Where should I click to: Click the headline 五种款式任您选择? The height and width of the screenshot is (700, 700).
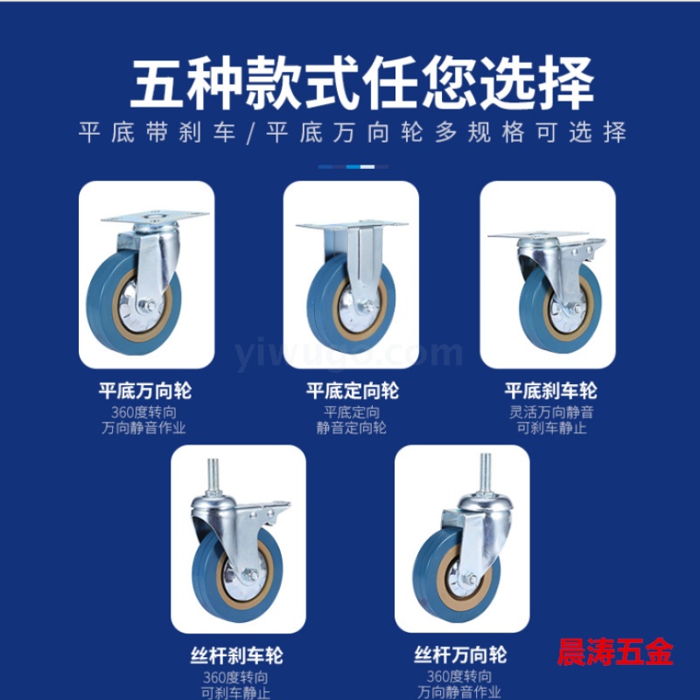[361, 83]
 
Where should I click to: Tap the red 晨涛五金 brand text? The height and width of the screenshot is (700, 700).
[615, 652]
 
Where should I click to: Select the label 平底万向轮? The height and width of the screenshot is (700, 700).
[145, 390]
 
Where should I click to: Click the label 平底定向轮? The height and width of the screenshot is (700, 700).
[353, 390]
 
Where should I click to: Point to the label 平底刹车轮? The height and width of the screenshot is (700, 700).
[551, 390]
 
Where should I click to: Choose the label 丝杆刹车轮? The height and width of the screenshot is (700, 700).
[236, 655]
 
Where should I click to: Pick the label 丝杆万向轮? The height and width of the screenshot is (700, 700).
[460, 654]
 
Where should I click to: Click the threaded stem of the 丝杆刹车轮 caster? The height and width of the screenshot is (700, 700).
[213, 475]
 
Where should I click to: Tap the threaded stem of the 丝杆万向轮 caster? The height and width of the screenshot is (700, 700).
[486, 471]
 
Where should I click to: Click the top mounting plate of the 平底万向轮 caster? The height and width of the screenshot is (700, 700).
[155, 216]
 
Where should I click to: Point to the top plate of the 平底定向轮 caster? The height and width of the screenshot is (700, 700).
[352, 224]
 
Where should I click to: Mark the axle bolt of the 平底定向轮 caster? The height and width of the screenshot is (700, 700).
[367, 306]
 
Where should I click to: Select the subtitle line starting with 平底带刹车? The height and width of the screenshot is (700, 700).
[353, 132]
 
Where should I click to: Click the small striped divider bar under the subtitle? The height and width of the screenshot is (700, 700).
[353, 167]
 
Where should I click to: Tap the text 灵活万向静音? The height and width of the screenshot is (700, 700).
[551, 412]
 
